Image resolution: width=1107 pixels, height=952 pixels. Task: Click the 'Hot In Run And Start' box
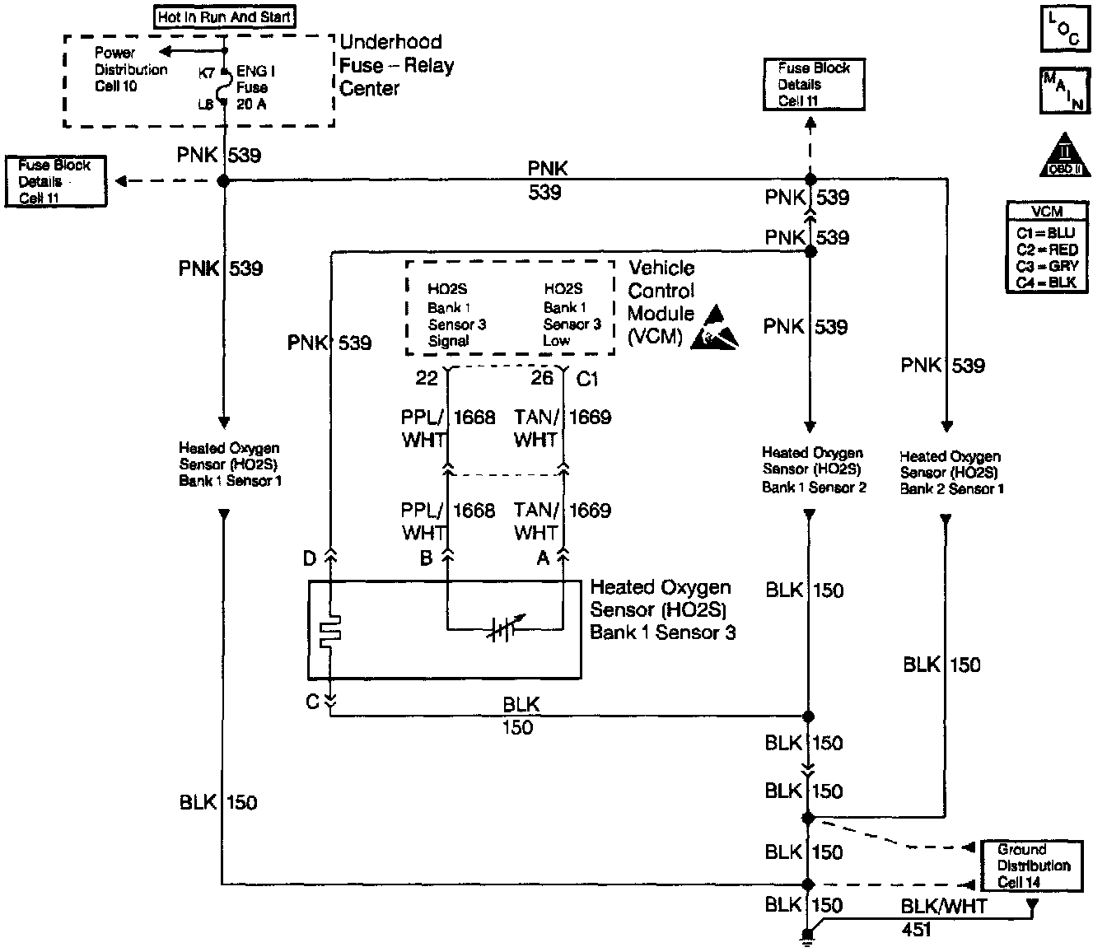pyautogui.click(x=224, y=16)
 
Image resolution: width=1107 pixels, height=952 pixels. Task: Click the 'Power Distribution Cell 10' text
pyautogui.click(x=129, y=70)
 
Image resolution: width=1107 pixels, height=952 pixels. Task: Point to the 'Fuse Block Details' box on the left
pyautogui.click(x=55, y=181)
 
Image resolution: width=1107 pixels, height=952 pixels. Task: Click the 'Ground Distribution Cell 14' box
pyautogui.click(x=1033, y=866)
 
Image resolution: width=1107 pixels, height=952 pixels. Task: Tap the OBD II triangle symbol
pyautogui.click(x=1064, y=156)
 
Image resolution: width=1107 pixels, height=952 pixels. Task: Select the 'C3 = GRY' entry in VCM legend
pyautogui.click(x=1047, y=266)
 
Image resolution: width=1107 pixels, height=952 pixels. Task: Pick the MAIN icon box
pyautogui.click(x=1063, y=90)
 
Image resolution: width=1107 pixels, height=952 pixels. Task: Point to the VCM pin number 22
pyautogui.click(x=427, y=378)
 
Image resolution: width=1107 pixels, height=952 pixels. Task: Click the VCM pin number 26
pyautogui.click(x=542, y=378)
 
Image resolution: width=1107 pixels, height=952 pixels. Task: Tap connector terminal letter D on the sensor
pyautogui.click(x=310, y=559)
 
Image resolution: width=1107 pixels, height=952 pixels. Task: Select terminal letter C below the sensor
pyautogui.click(x=312, y=702)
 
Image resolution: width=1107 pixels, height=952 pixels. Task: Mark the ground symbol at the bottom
pyautogui.click(x=809, y=935)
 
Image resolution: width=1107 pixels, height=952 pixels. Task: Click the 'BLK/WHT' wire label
pyautogui.click(x=943, y=907)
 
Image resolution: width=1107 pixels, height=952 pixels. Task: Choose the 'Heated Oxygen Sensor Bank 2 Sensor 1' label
pyautogui.click(x=951, y=472)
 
